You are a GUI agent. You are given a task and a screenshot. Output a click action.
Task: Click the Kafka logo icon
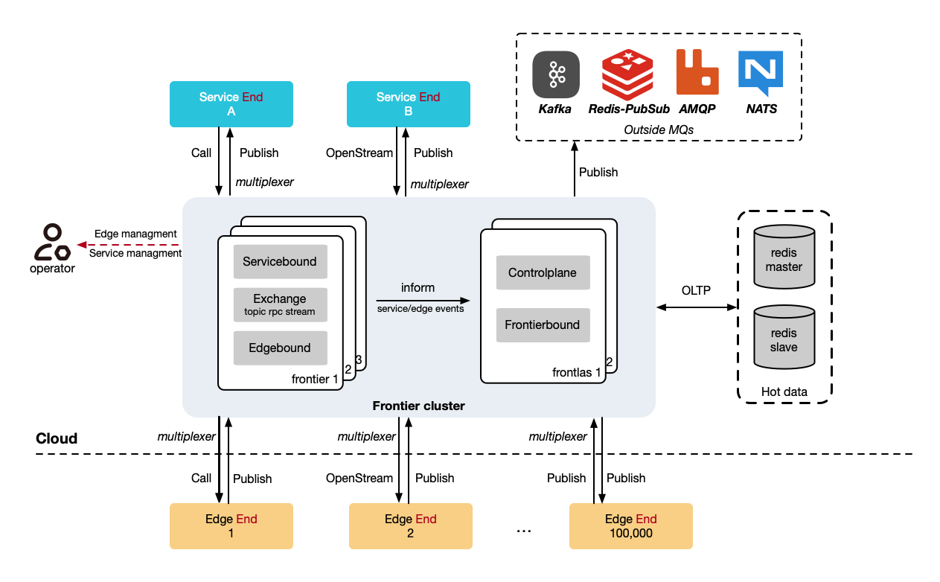click(556, 74)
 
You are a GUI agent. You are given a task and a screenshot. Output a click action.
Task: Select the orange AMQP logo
click(697, 73)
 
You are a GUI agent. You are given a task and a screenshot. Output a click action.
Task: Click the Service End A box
click(231, 104)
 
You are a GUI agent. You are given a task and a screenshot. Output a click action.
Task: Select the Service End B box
click(409, 104)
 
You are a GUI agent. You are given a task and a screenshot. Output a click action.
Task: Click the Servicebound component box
click(280, 262)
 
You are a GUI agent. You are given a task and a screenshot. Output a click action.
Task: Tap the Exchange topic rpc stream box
click(280, 304)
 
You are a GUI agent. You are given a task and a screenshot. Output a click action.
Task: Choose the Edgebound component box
click(280, 348)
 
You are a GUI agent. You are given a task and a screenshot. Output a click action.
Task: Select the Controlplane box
click(543, 272)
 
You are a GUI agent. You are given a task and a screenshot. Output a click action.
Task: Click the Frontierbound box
click(543, 324)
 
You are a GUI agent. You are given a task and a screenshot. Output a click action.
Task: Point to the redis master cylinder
click(784, 257)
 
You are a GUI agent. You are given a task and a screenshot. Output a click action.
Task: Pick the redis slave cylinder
click(784, 339)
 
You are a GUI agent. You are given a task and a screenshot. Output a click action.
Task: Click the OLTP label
click(696, 290)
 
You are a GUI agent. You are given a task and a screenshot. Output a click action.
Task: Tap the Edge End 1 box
click(231, 526)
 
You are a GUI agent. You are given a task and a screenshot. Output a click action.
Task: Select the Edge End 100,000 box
click(631, 526)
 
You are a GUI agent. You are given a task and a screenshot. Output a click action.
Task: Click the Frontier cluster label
click(418, 406)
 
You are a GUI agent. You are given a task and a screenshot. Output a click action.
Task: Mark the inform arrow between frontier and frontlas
click(425, 299)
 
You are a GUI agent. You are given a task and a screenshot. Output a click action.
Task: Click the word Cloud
click(57, 438)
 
